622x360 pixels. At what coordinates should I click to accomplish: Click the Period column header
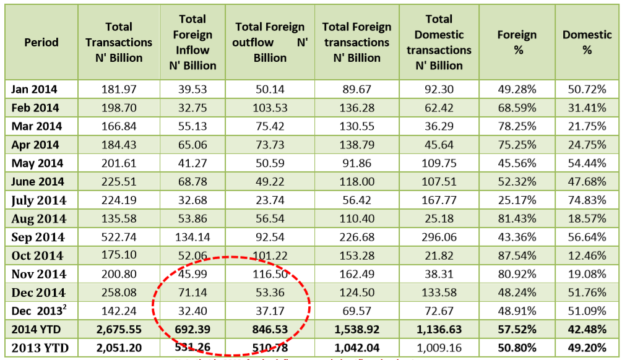[x=41, y=43]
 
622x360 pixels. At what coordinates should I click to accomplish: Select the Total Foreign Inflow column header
[x=192, y=43]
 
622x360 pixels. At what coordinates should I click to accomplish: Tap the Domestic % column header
[x=587, y=43]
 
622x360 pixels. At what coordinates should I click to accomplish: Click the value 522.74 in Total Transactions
[x=119, y=237]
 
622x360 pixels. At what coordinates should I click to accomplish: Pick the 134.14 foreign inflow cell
[x=192, y=237]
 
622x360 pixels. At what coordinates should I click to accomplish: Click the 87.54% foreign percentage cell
[x=517, y=255]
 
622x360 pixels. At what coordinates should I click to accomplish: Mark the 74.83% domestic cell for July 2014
[x=587, y=200]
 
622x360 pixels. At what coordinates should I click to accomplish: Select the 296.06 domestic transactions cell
[x=439, y=237]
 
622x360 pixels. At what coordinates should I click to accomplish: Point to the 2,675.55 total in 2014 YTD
[x=119, y=329]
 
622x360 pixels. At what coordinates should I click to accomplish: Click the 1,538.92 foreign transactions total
[x=356, y=329]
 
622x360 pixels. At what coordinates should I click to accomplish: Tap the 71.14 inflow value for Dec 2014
[x=192, y=293]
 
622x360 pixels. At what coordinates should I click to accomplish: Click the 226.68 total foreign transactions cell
[x=356, y=237]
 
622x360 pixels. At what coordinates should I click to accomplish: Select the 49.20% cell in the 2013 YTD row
[x=587, y=348]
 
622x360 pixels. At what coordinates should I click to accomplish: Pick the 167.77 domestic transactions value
[x=439, y=200]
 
